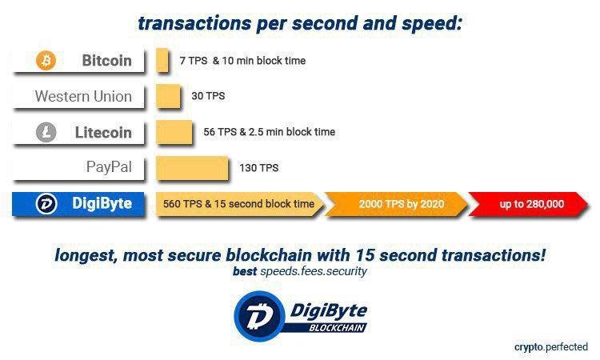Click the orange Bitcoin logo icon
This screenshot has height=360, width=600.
coord(46,61)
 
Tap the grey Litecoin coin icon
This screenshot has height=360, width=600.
coord(46,132)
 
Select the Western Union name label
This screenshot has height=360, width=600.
coord(83,96)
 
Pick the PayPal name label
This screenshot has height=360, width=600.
coord(109,167)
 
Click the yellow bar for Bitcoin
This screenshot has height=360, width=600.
coord(162,60)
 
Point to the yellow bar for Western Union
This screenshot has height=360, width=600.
coord(168,96)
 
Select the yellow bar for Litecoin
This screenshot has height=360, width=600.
coord(174,132)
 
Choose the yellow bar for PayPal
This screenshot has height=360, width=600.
coord(192,167)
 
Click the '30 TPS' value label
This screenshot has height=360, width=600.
coord(208,96)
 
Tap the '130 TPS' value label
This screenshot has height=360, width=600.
coord(259,168)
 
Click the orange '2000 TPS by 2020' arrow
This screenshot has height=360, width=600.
coord(397,204)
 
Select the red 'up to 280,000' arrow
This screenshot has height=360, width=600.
coord(528,204)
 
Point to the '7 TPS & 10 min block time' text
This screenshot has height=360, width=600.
coord(242,61)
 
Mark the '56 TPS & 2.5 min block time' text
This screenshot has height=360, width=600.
coord(270,132)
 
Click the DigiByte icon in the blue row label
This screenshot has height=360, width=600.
coord(46,203)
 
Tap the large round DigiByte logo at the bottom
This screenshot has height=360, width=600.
coord(260,316)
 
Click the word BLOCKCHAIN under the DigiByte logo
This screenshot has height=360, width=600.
coord(337,328)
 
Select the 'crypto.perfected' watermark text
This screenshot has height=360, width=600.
coord(551,347)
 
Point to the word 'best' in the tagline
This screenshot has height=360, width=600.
coord(245,271)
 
